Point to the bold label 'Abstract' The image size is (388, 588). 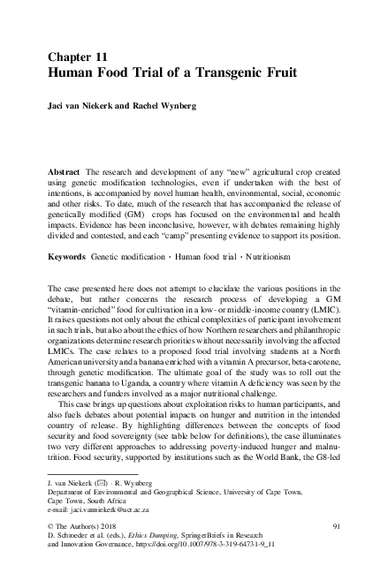tap(65, 168)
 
